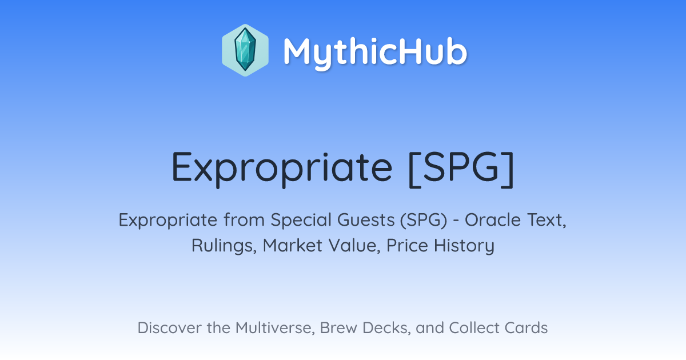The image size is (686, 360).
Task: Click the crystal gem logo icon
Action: click(x=245, y=50)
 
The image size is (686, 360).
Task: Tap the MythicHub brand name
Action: click(x=375, y=53)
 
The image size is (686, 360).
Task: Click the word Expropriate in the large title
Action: click(x=282, y=169)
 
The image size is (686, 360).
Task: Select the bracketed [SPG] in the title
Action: click(x=461, y=169)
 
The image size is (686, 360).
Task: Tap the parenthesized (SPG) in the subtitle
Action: click(x=424, y=220)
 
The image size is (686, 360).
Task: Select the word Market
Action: click(x=293, y=245)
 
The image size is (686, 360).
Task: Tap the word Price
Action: click(x=407, y=246)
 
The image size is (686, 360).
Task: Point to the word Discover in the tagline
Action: click(x=170, y=328)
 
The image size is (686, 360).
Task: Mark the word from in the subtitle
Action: click(x=244, y=220)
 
